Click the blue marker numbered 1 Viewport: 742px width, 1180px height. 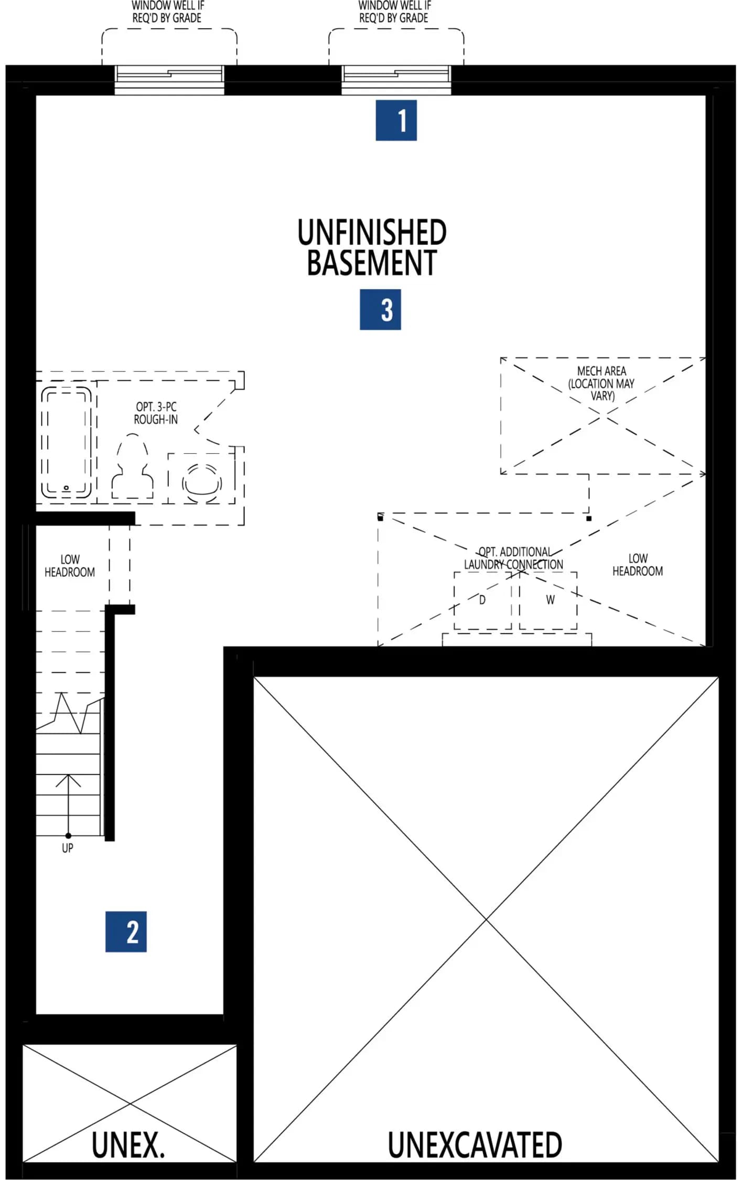coord(396,120)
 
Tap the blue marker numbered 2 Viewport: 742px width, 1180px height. coord(126,931)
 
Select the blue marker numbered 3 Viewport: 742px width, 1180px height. coord(380,309)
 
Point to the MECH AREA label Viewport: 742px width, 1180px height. coord(601,383)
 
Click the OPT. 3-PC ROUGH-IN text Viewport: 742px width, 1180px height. coord(156,413)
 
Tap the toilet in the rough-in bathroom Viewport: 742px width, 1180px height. coord(132,466)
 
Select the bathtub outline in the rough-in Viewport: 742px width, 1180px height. coord(67,442)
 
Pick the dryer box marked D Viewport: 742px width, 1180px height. coord(482,600)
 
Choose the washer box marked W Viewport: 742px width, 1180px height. coord(549,600)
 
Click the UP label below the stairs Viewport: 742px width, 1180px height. coord(68,848)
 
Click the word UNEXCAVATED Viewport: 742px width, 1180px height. coord(475,1145)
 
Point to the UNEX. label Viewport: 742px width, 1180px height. coord(128,1145)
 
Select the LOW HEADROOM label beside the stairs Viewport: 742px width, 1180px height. coord(70,566)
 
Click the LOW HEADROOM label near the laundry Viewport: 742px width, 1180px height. coord(638,565)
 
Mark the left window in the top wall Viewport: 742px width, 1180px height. coord(169,80)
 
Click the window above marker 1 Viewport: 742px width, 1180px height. coord(396,80)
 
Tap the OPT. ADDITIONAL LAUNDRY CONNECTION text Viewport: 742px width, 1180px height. coord(513,558)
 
